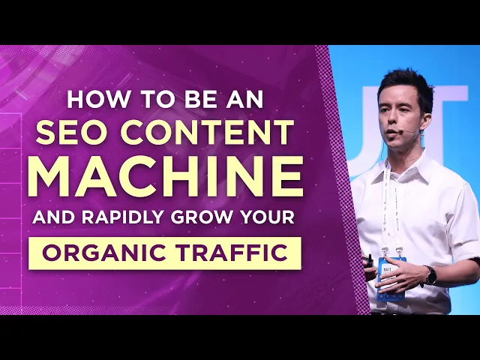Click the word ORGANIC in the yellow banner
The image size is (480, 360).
pos(100,253)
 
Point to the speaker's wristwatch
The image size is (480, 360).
pos(430,275)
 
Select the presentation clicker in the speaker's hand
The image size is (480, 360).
pos(369,260)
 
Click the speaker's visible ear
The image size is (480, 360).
pos(425,112)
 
